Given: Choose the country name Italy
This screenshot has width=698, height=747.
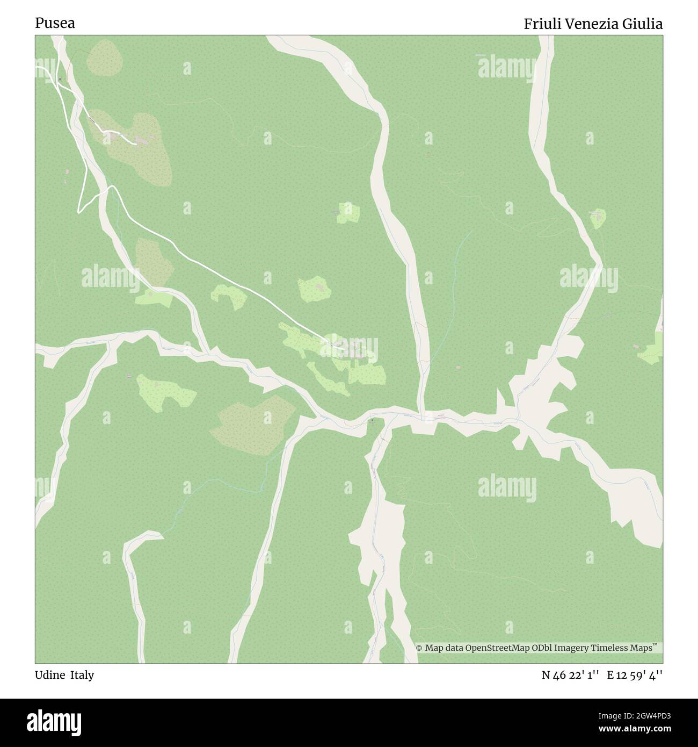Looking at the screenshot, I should (82, 675).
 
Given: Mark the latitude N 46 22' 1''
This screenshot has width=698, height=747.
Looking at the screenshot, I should (571, 675).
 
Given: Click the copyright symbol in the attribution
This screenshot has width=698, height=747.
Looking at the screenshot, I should (420, 648).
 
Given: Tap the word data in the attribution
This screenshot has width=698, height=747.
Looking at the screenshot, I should (454, 648).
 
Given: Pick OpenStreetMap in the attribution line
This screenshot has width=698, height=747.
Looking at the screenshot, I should (496, 648).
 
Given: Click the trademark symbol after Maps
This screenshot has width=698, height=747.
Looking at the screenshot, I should (655, 645).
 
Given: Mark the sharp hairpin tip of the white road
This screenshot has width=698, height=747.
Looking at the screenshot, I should (79, 211).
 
